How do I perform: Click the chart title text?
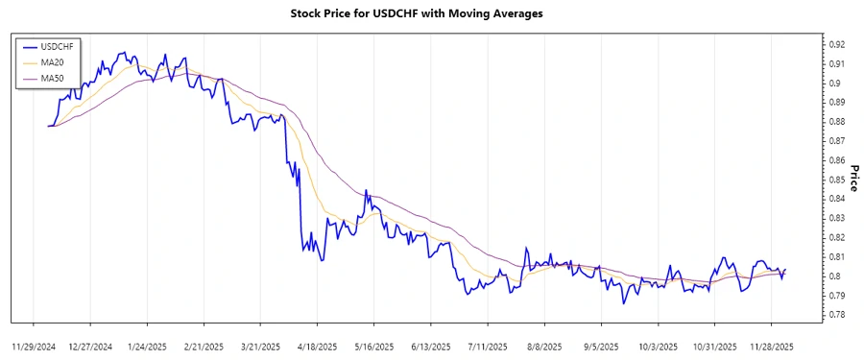click(x=417, y=13)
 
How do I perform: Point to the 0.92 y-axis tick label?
click(x=836, y=44)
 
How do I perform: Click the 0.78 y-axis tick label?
click(x=836, y=315)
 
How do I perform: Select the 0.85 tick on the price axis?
click(x=836, y=180)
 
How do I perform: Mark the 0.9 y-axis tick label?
click(x=833, y=83)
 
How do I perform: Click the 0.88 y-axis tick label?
click(x=836, y=121)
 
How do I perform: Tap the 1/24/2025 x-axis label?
click(x=148, y=346)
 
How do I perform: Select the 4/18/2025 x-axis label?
click(x=318, y=346)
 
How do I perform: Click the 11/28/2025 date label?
click(x=771, y=346)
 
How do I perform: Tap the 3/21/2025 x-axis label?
click(x=261, y=346)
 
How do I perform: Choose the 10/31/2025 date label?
click(x=714, y=346)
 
